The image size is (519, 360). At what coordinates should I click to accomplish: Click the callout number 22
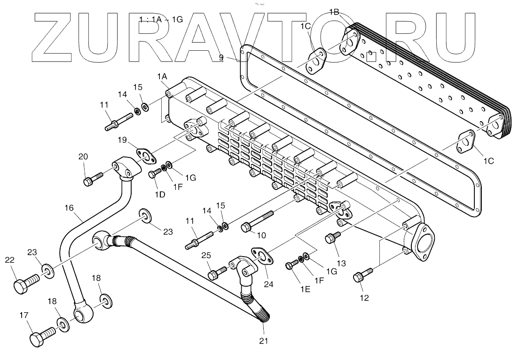(x=10, y=260)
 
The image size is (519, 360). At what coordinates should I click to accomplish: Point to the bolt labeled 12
(x=362, y=275)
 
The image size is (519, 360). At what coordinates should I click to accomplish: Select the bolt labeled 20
(x=92, y=179)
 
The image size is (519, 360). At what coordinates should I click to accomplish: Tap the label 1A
(x=162, y=76)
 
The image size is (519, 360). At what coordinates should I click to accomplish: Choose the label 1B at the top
(x=334, y=12)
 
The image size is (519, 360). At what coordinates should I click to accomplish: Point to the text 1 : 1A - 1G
(x=161, y=19)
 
